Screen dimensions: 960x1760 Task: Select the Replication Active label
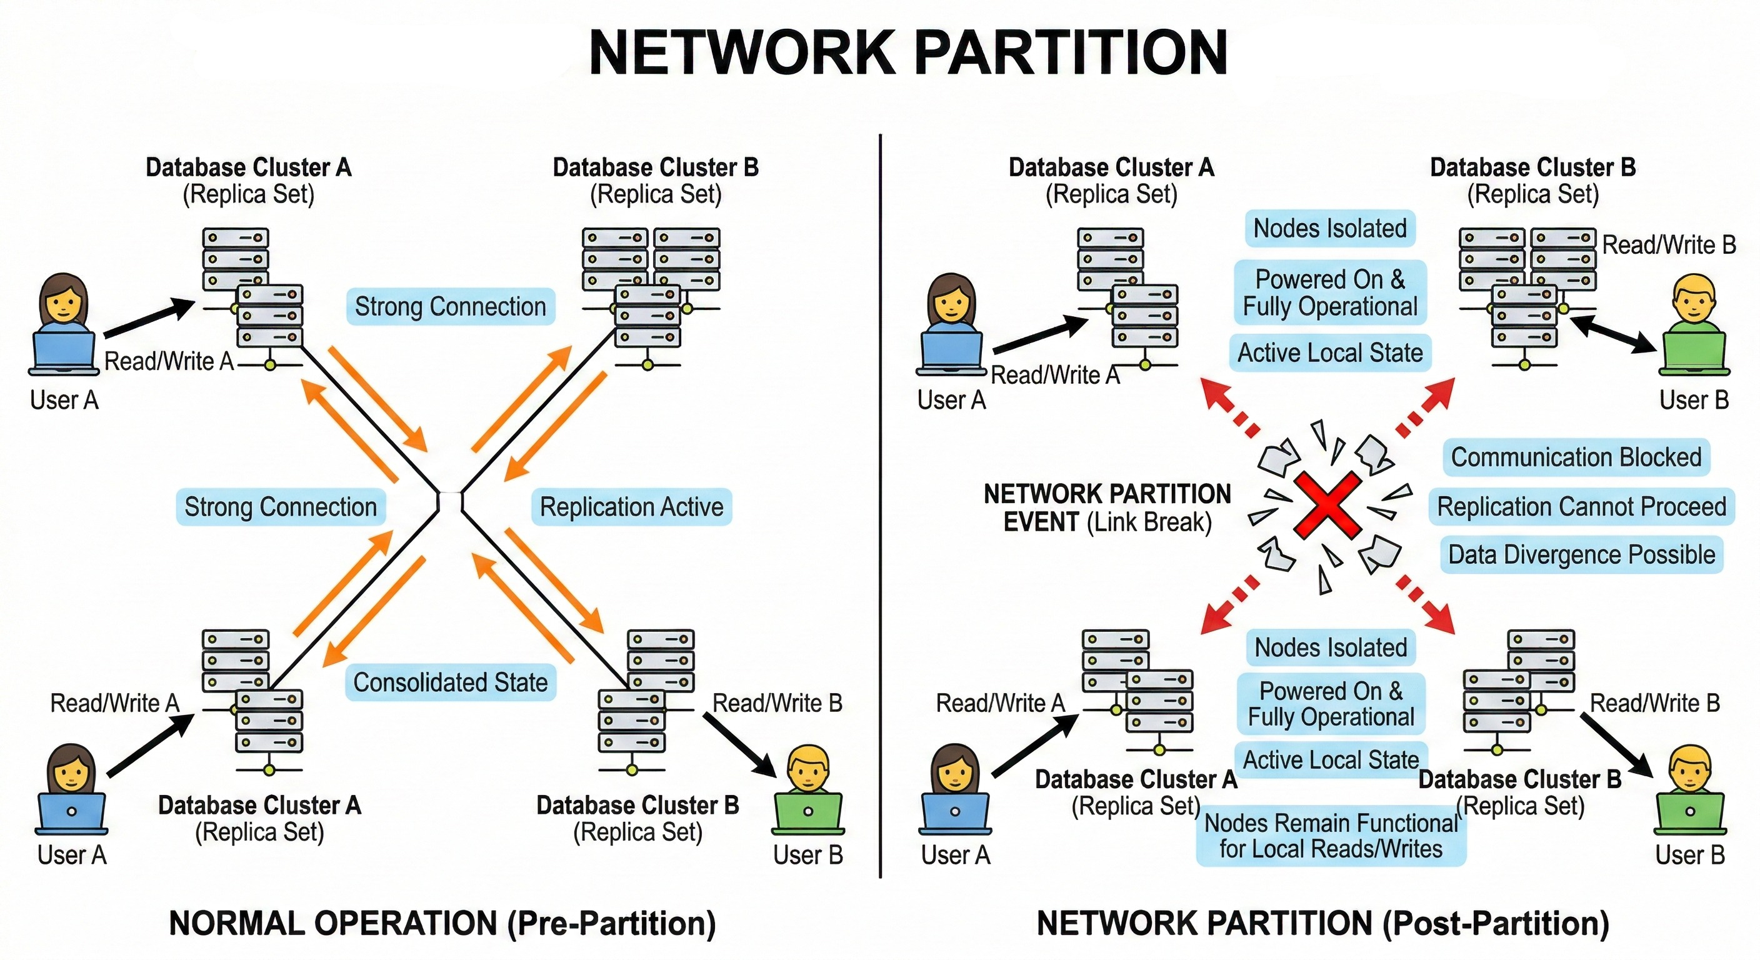click(x=631, y=507)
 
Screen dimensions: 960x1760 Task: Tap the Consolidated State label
click(x=450, y=682)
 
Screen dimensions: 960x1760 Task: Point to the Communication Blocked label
click(x=1576, y=457)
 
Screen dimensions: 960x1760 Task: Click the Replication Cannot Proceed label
click(x=1581, y=506)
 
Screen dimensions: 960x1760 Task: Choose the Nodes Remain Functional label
click(x=1330, y=836)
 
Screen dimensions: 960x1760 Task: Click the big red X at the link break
click(x=1327, y=506)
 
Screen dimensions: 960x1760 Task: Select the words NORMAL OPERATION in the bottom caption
click(x=332, y=924)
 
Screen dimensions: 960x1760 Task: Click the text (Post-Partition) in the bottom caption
click(x=1496, y=924)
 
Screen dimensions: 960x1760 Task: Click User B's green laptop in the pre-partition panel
click(x=808, y=814)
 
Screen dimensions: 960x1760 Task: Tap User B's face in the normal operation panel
click(x=808, y=771)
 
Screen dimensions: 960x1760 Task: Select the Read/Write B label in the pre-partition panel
click(x=777, y=703)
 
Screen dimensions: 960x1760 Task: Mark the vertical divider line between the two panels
click(x=880, y=506)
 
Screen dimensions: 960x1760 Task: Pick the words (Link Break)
click(x=1149, y=522)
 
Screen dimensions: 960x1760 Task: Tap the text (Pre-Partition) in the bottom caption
click(x=611, y=924)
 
